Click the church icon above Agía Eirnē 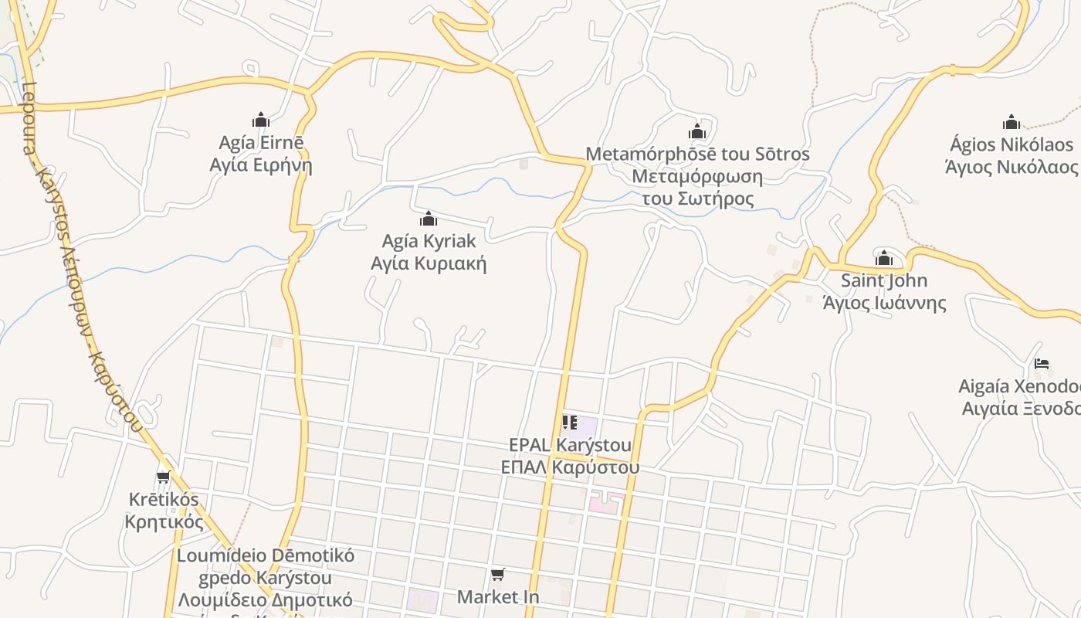pyautogui.click(x=261, y=120)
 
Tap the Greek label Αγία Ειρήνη pyautogui.click(x=261, y=165)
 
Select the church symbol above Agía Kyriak pyautogui.click(x=429, y=219)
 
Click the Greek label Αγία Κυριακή pyautogui.click(x=429, y=263)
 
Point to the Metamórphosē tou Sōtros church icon pyautogui.click(x=697, y=131)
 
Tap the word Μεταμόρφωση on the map pyautogui.click(x=697, y=177)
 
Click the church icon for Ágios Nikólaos pyautogui.click(x=1012, y=122)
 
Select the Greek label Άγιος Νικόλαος pyautogui.click(x=1012, y=167)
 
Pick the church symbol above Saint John pyautogui.click(x=884, y=257)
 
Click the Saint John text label pyautogui.click(x=884, y=280)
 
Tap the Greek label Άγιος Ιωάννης pyautogui.click(x=884, y=303)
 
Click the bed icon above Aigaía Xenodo pyautogui.click(x=1042, y=364)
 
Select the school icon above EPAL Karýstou pyautogui.click(x=570, y=423)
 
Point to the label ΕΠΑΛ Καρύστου pyautogui.click(x=570, y=467)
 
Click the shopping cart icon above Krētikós pyautogui.click(x=164, y=477)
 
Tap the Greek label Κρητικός pyautogui.click(x=164, y=522)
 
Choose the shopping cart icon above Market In pyautogui.click(x=498, y=575)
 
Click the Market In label pyautogui.click(x=498, y=597)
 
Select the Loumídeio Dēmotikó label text pyautogui.click(x=266, y=555)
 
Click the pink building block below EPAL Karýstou pyautogui.click(x=605, y=503)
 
